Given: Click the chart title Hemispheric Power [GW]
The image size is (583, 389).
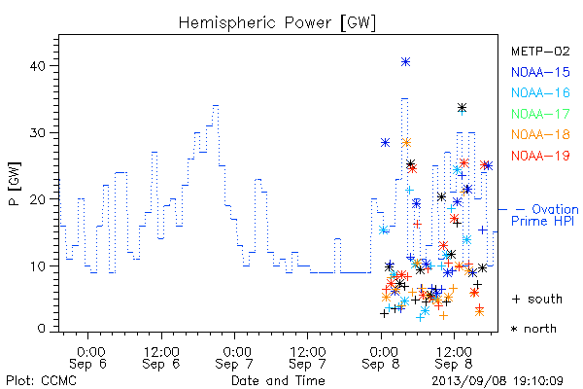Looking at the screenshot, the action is click(x=277, y=23).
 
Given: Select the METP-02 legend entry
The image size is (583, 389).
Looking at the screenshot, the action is click(x=540, y=51).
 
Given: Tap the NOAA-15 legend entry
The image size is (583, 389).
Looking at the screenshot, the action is click(x=540, y=72).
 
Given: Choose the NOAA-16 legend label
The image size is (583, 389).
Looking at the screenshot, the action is click(x=540, y=92).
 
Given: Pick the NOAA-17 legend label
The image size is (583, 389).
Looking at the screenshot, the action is click(x=540, y=114).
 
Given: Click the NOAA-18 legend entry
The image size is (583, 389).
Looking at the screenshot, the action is click(x=540, y=134).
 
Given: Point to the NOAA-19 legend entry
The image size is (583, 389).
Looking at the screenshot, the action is click(x=540, y=156).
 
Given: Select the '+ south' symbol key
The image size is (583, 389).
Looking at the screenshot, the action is click(x=537, y=299).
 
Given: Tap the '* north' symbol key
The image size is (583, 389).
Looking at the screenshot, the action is click(x=533, y=329).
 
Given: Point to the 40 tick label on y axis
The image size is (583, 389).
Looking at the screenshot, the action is click(x=37, y=66).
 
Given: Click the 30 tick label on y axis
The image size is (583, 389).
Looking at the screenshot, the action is click(x=37, y=133).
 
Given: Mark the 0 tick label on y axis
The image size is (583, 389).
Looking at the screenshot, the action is click(x=41, y=329).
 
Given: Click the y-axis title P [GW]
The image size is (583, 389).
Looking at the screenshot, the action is click(x=15, y=184).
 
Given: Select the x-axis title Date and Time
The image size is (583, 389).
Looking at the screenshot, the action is click(x=278, y=381).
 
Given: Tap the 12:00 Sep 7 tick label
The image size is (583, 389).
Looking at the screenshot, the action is click(x=307, y=358).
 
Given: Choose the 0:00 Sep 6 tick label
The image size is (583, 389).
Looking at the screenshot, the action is click(x=88, y=358).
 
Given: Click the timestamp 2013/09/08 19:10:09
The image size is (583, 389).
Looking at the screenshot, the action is click(x=497, y=381).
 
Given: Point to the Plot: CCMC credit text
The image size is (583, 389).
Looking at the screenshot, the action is click(x=41, y=381).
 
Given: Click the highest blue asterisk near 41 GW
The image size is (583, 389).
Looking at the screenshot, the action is click(x=405, y=62).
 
